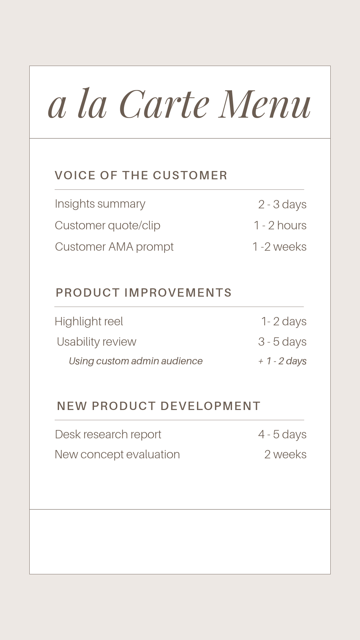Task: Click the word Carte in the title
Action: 164,104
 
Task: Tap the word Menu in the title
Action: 265,104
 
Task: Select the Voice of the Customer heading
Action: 141,175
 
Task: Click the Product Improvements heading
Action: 144,293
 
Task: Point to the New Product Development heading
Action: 159,406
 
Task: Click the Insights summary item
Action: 100,204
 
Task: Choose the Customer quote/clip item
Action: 108,226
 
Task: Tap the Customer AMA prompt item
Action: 114,247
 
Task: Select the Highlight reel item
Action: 89,321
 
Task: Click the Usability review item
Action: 97,342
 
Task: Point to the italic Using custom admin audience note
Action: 136,361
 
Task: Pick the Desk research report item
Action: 108,435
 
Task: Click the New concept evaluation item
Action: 117,455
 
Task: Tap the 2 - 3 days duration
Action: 282,204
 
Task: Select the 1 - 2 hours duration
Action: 280,226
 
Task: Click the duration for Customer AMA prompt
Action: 279,247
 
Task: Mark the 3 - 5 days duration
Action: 282,342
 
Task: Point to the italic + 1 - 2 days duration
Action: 282,361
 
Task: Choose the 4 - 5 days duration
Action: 282,435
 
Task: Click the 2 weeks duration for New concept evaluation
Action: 285,455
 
